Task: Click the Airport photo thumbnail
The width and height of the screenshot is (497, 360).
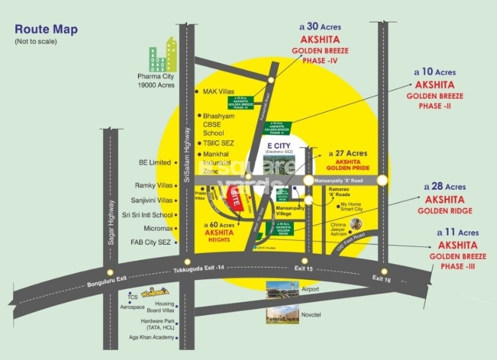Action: pos(282,290)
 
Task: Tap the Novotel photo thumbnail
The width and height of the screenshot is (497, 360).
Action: pos(282,313)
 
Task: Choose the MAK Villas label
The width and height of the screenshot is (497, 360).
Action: pos(219,91)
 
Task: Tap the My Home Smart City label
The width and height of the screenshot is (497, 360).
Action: pos(351,209)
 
